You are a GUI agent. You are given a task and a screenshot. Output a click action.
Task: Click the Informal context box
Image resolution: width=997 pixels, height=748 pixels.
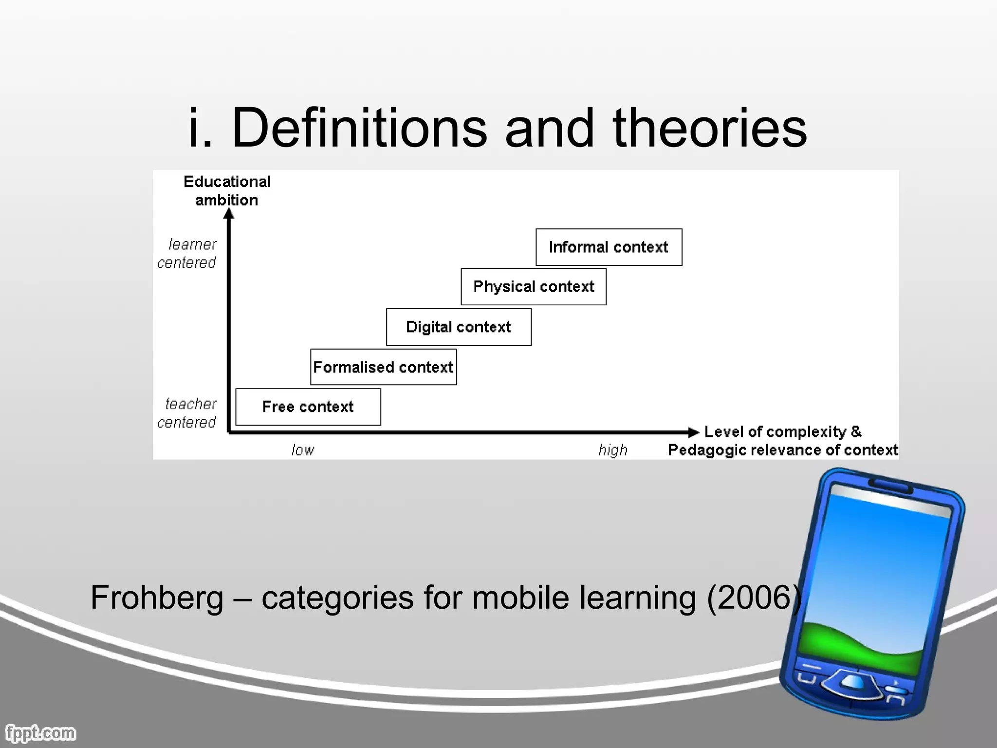click(x=609, y=247)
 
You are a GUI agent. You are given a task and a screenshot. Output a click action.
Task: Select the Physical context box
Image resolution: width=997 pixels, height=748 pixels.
click(x=534, y=286)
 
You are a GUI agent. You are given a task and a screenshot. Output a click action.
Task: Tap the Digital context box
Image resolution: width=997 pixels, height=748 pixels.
click(x=459, y=327)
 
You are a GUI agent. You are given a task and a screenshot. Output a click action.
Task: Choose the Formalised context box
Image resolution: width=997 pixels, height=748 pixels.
click(x=383, y=367)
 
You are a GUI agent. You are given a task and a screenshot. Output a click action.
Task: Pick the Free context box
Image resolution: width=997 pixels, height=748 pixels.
click(x=308, y=407)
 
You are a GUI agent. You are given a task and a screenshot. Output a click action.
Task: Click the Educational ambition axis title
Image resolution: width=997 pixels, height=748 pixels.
click(x=227, y=190)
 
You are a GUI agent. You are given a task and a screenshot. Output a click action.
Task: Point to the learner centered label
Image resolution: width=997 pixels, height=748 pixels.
click(x=187, y=253)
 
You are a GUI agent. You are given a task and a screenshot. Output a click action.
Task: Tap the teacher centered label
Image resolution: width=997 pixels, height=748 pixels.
click(x=187, y=413)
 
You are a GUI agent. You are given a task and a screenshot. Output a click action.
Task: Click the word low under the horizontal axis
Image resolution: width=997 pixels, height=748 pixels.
click(x=302, y=450)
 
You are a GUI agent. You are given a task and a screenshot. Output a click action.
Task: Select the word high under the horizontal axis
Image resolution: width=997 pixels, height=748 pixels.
click(x=612, y=450)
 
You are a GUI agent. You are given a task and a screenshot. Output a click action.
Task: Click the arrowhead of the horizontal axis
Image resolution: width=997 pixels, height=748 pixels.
click(x=693, y=432)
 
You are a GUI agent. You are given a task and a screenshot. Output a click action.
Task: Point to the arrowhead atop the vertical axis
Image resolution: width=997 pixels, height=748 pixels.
click(x=229, y=214)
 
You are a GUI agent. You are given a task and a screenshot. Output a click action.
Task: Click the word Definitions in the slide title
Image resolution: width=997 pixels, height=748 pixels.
click(x=359, y=128)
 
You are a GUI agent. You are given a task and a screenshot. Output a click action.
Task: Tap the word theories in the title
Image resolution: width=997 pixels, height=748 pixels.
click(x=710, y=128)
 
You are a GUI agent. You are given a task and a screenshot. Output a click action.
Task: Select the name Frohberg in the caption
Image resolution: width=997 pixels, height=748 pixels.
click(x=157, y=598)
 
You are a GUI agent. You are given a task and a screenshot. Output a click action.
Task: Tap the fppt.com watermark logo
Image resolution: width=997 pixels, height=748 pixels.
click(x=40, y=733)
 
